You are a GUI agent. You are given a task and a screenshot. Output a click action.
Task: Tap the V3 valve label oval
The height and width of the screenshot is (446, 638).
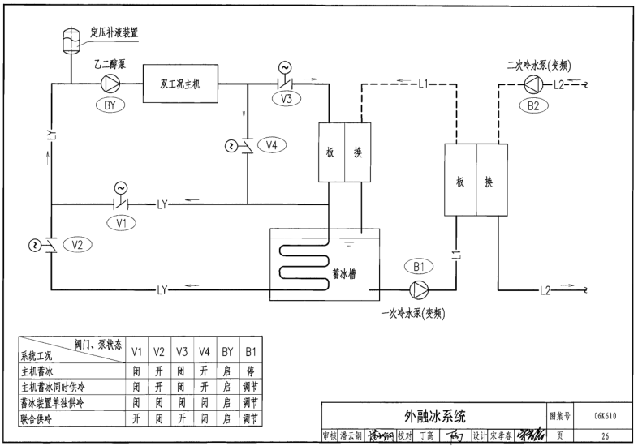286,100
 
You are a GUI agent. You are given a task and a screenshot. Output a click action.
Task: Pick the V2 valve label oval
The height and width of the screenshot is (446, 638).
78,244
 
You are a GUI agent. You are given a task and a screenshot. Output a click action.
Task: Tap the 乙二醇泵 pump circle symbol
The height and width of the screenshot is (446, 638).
109,84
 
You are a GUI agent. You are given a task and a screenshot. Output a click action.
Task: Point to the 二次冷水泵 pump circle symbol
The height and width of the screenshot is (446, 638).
532,84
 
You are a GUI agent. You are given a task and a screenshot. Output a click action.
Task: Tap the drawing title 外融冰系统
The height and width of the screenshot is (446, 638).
435,417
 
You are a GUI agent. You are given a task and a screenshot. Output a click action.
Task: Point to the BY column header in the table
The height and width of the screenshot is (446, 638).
227,351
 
